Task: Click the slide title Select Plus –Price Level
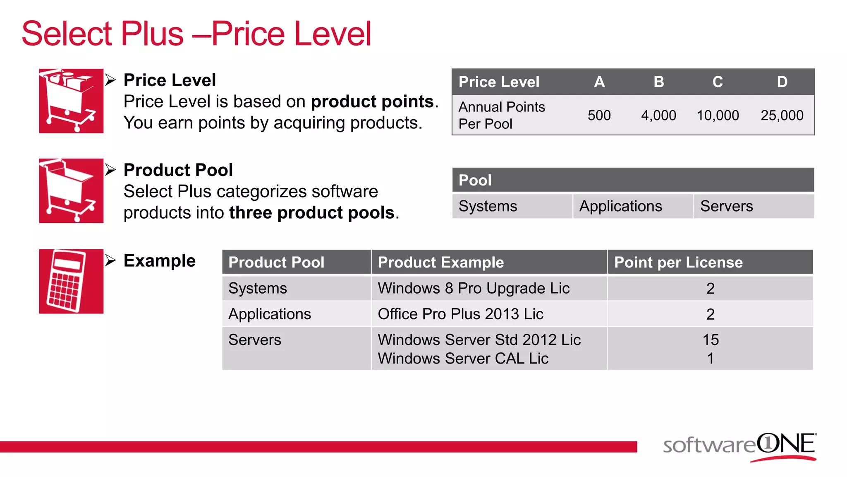coord(196,34)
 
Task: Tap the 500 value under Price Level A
coord(599,115)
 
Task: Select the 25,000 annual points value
coord(782,115)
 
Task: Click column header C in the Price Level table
coord(718,82)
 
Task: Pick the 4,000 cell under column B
coord(658,115)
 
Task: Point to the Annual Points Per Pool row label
coord(502,115)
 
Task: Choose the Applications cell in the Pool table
coord(620,206)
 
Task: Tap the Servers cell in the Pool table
coord(726,206)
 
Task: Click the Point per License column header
coord(678,263)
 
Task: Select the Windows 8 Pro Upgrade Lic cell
coord(474,288)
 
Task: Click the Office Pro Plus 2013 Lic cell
coord(460,314)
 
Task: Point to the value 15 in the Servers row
coord(711,340)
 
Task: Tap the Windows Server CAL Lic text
coord(463,359)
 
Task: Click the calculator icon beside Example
coord(71,282)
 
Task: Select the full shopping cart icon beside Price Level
coord(71,101)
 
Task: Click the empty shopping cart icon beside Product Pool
coord(71,191)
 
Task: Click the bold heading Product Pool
coord(178,170)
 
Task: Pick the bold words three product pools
coord(312,213)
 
